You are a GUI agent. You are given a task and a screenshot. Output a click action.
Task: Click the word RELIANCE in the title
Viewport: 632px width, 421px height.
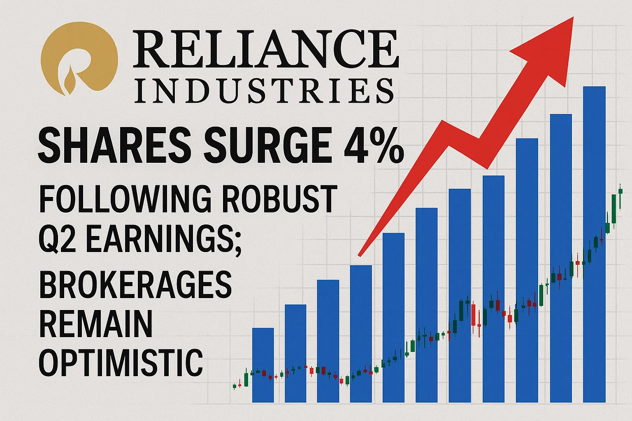pos(265,49)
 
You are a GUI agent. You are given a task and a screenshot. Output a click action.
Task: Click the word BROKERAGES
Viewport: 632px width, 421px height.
pos(136,285)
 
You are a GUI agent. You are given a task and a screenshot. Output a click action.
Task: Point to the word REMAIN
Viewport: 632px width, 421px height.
pos(95,324)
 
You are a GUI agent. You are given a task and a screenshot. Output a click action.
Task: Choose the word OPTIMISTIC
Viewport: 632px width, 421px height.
pos(121,363)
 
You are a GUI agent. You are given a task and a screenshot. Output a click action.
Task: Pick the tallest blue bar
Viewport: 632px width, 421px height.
pos(594,244)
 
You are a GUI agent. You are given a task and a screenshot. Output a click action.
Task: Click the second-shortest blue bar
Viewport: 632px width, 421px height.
pos(295,354)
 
